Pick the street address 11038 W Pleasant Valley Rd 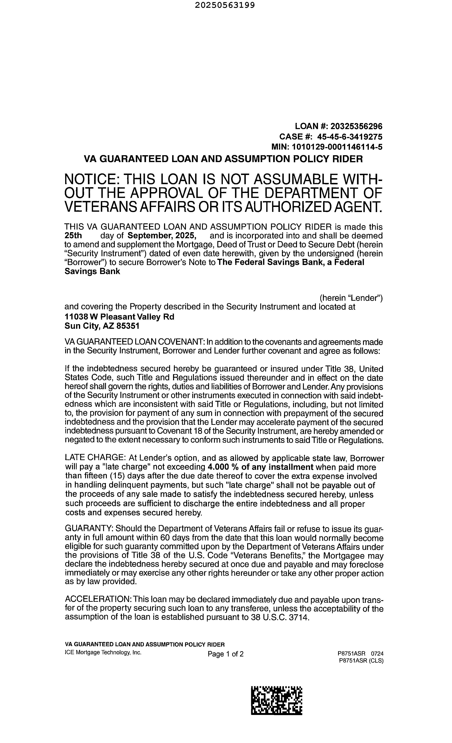click(x=119, y=317)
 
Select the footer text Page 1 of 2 click(x=225, y=654)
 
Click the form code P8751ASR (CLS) click(x=361, y=660)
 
